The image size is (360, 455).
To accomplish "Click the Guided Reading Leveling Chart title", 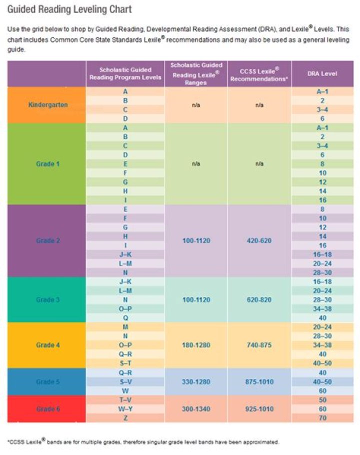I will coord(69,9).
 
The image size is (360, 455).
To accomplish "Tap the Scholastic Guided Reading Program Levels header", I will coord(125,73).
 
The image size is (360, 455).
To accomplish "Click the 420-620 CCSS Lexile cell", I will coord(259,240).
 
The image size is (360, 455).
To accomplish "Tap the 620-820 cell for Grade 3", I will coord(259,299).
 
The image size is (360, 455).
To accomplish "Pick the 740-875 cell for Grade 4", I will coord(259,345).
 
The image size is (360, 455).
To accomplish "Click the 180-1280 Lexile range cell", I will coord(196,345).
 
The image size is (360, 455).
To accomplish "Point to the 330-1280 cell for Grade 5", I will coord(196,381).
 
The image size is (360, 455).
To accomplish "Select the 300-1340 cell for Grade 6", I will coord(196,409).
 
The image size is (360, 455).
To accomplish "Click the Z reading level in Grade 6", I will coord(125,418).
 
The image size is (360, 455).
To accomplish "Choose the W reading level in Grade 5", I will coord(125,390).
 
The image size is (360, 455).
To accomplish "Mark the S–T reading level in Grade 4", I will coord(125,363).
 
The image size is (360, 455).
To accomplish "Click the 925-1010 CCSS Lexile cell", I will coord(259,409).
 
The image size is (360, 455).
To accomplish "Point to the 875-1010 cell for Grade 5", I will coord(259,381).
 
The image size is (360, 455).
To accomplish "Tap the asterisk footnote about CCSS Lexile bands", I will coord(143,442).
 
